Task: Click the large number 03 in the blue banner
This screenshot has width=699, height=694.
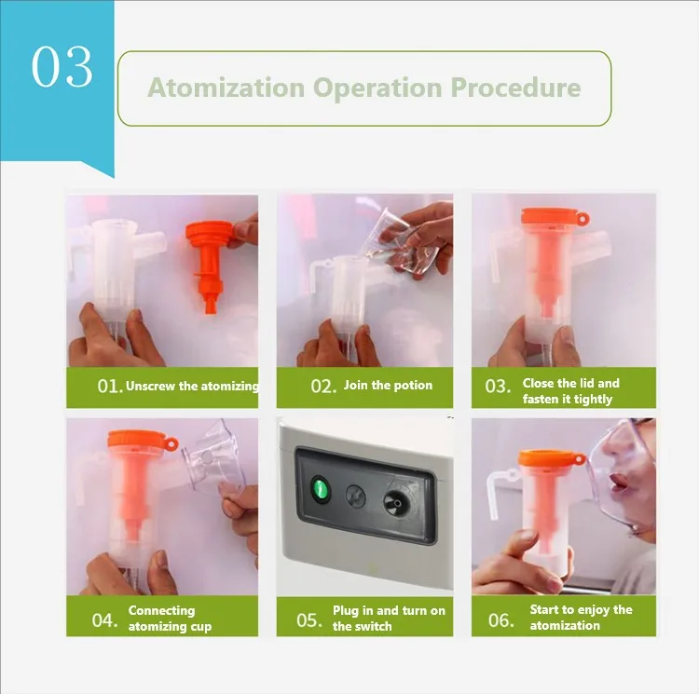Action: [62, 67]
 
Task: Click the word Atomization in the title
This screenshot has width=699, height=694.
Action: [226, 88]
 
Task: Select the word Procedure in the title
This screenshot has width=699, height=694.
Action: [515, 88]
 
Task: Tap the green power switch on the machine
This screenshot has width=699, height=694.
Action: [321, 489]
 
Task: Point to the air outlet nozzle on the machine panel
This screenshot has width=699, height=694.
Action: [395, 502]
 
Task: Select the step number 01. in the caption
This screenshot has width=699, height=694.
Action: [110, 387]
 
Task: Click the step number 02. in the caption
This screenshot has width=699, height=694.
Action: [323, 387]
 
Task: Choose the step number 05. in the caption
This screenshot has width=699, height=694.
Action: [308, 620]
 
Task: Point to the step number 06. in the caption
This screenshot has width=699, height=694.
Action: [500, 620]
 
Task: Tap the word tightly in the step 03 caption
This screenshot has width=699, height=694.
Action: [594, 400]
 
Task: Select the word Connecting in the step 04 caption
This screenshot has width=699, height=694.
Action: [162, 610]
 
